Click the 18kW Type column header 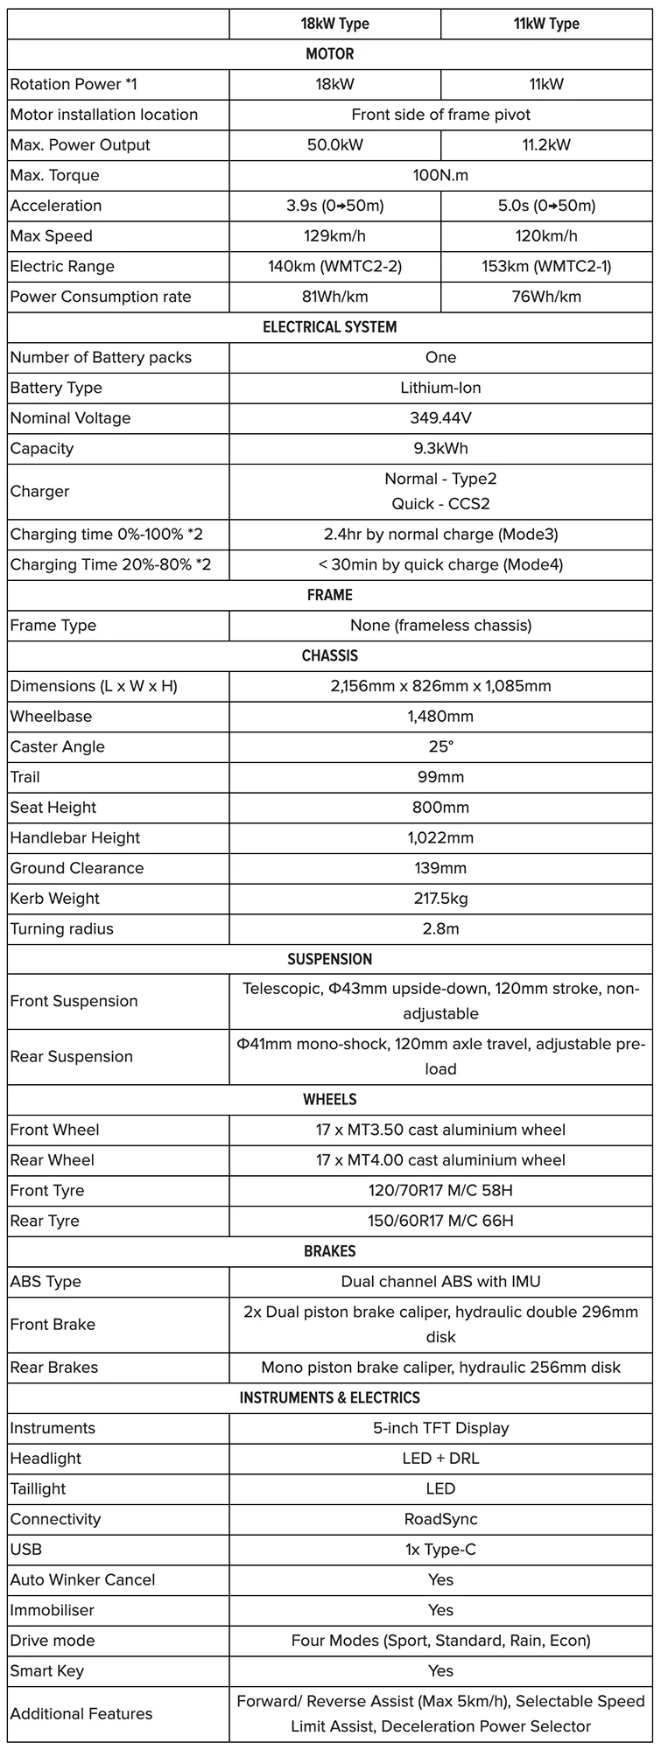coord(334,24)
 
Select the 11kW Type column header coord(546,24)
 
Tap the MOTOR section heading coord(330,54)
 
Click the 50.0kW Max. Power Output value coord(334,145)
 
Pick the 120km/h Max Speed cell coord(546,236)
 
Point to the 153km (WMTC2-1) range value coord(546,267)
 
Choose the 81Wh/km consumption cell coord(334,297)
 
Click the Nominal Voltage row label coord(70,418)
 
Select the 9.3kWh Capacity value coord(440,449)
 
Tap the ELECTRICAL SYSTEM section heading coord(330,327)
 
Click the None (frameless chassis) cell coord(440,626)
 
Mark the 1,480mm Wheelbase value coord(440,717)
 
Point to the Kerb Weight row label coord(54,899)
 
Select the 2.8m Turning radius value coord(440,929)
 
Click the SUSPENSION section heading coord(330,959)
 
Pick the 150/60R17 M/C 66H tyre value coord(440,1221)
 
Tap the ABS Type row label coord(46,1282)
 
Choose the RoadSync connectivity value coord(440,1519)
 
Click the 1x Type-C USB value coord(440,1550)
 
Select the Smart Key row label coord(47,1670)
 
